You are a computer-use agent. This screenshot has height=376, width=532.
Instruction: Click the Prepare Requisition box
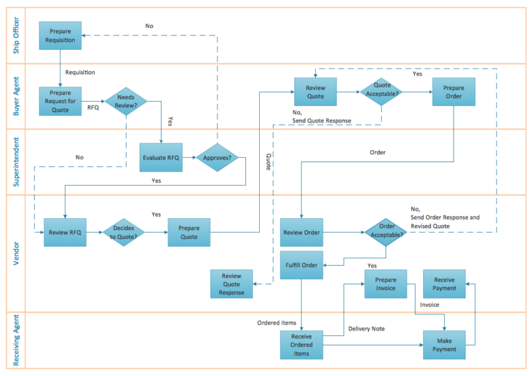pyautogui.click(x=60, y=35)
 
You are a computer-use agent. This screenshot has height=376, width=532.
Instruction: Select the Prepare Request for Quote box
pyautogui.click(x=60, y=101)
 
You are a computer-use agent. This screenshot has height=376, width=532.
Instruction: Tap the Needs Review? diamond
pyautogui.click(x=126, y=101)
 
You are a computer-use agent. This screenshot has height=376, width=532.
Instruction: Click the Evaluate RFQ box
pyautogui.click(x=161, y=157)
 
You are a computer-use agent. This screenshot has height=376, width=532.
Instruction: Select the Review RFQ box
pyautogui.click(x=64, y=233)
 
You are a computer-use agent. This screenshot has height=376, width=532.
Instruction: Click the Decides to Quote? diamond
pyautogui.click(x=125, y=233)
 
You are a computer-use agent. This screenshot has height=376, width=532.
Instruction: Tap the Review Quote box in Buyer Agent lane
pyautogui.click(x=315, y=91)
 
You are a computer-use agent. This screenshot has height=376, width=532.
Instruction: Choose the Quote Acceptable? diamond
pyautogui.click(x=381, y=91)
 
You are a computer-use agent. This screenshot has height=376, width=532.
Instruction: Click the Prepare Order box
pyautogui.click(x=454, y=91)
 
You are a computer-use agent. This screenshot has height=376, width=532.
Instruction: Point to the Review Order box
pyautogui.click(x=301, y=233)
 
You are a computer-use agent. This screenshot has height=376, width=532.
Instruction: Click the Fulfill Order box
pyautogui.click(x=301, y=265)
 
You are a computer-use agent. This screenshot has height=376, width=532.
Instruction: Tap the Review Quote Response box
pyautogui.click(x=231, y=284)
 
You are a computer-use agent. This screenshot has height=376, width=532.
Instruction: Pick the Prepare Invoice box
pyautogui.click(x=386, y=284)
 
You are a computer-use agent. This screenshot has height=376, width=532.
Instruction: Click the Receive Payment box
pyautogui.click(x=445, y=284)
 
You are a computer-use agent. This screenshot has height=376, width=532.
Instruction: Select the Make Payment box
pyautogui.click(x=445, y=345)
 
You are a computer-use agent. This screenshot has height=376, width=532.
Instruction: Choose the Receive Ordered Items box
pyautogui.click(x=301, y=345)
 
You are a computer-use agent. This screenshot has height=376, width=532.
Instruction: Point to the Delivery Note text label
pyautogui.click(x=366, y=329)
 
